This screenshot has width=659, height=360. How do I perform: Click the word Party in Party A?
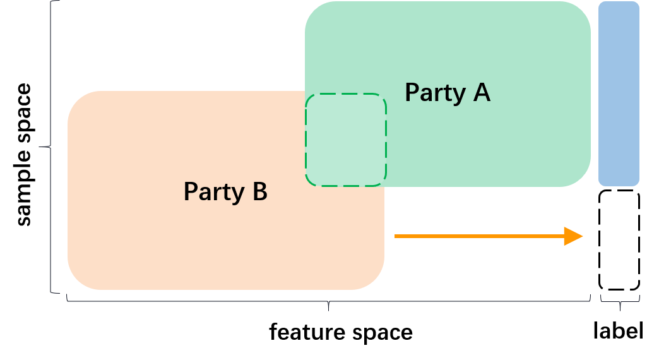(435, 93)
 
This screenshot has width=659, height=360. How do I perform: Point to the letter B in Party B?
(260, 191)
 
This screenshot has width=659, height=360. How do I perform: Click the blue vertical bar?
(619, 93)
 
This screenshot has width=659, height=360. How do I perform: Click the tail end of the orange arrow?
(396, 236)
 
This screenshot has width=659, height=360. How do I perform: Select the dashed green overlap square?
(345, 140)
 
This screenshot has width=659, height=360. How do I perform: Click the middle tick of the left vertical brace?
(43, 147)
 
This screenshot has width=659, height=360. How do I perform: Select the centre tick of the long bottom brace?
(329, 306)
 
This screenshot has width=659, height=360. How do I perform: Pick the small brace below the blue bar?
(620, 300)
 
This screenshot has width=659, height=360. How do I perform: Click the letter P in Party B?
(190, 191)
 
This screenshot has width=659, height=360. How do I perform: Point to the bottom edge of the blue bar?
(619, 185)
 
